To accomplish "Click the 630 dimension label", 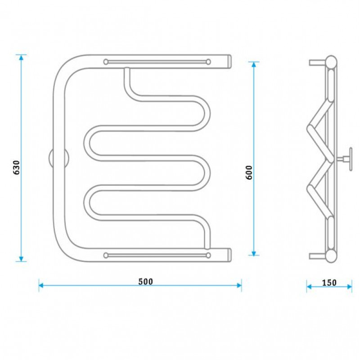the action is coord(17,167).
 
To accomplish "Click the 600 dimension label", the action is coord(249,172).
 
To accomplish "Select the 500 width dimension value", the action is coord(145,282).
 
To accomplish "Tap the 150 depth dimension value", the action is coord(329,283).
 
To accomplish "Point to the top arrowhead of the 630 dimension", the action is coord(21,58).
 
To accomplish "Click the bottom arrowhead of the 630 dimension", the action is coord(21,259).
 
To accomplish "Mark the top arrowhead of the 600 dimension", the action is coord(254,64).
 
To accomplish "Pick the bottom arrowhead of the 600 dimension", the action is coord(254,253).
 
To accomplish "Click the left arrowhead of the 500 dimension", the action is coord(41,285).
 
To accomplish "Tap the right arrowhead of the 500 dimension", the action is coord(239,285).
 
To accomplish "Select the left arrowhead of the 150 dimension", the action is coord(309,287).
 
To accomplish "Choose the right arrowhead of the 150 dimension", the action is coord(349,287).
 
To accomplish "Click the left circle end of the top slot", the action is coord(106,62).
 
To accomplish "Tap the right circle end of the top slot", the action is coord(208,62).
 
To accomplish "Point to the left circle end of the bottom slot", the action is coord(106,255).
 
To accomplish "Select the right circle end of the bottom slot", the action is coord(208,255).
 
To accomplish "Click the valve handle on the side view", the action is coord(351,159).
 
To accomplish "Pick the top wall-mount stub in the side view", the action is coord(317,63).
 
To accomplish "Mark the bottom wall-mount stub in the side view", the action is coord(317,256).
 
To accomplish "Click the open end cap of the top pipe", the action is coord(229,62).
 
